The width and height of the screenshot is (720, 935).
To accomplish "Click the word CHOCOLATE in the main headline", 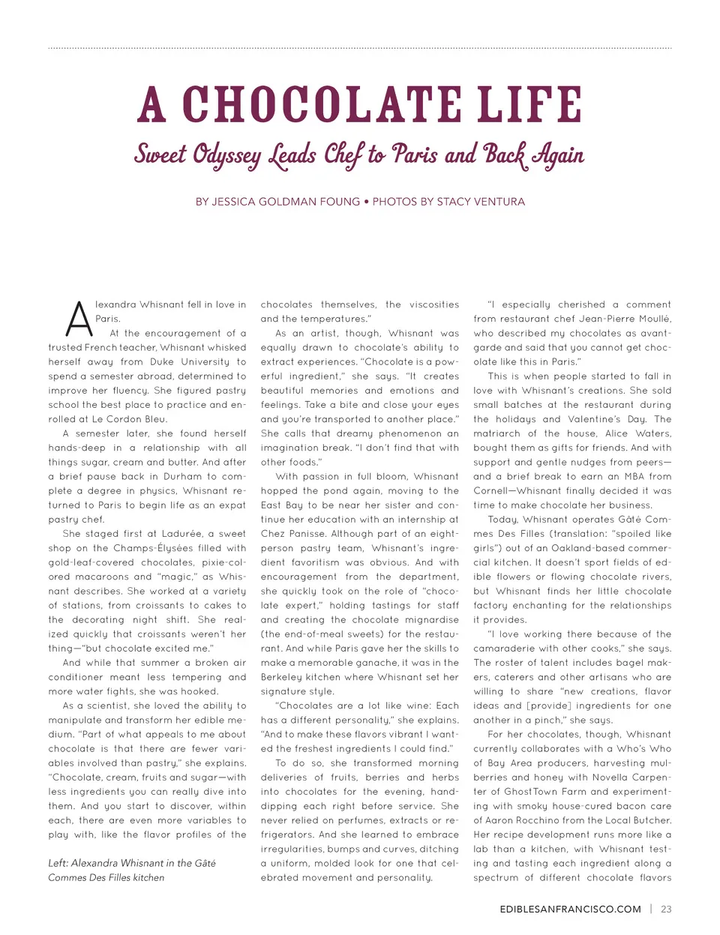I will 324,105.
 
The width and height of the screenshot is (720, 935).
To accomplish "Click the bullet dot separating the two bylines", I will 366,202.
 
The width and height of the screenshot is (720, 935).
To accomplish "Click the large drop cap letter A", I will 78,319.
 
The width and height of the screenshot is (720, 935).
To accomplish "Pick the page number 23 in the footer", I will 666,909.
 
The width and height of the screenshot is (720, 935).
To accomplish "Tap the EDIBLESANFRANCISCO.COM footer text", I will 570,909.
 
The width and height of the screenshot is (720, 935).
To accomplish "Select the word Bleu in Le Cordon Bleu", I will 154,419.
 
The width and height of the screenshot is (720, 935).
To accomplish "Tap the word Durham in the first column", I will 180,476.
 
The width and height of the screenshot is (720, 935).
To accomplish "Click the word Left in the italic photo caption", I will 58,863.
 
